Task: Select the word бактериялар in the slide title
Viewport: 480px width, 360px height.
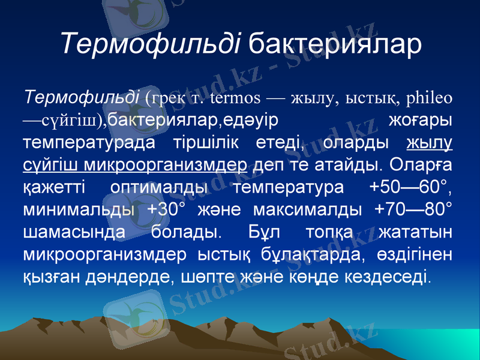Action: (335, 44)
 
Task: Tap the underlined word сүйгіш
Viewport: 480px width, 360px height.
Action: (50, 165)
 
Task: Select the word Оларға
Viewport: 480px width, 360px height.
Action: (421, 165)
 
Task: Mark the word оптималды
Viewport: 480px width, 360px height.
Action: (160, 188)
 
